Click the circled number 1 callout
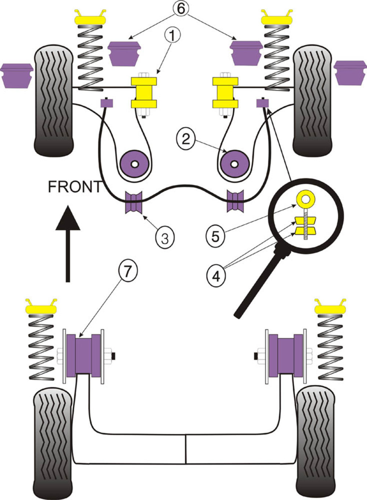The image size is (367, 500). click(172, 35)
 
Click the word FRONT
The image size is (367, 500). click(75, 187)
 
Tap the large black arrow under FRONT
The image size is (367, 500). click(68, 242)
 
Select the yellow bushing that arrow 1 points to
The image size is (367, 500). click(145, 92)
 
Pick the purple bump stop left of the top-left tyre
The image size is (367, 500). click(16, 75)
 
